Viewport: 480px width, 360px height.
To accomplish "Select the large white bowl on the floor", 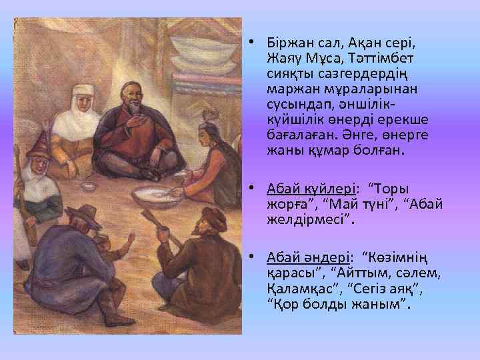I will click(x=158, y=196).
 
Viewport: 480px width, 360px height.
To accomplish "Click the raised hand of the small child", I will click(x=131, y=237).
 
